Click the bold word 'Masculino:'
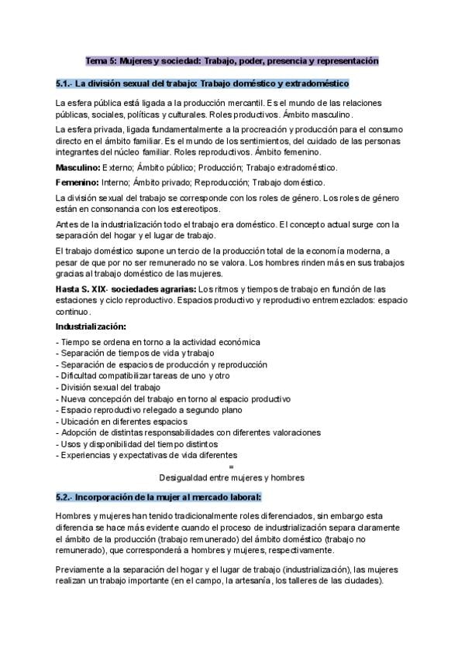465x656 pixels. point(78,167)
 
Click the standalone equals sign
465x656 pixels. point(232,466)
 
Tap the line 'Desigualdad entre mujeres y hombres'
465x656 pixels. point(232,477)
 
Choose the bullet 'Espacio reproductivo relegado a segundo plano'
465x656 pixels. point(150,410)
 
